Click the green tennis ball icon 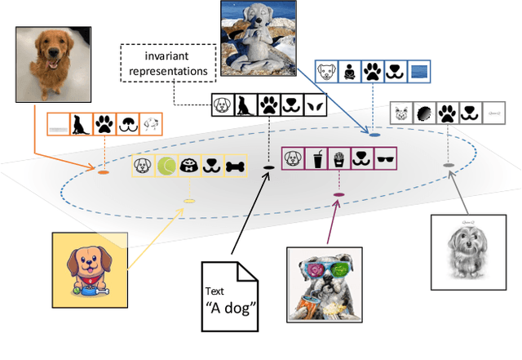[x=166, y=167]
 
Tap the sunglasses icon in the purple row [x=385, y=158]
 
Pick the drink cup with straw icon [x=315, y=158]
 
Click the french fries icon [x=338, y=158]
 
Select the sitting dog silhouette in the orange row [x=82, y=124]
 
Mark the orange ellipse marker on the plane [x=104, y=173]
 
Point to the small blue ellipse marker [x=374, y=133]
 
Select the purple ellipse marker [x=338, y=194]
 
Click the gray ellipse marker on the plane [x=448, y=166]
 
